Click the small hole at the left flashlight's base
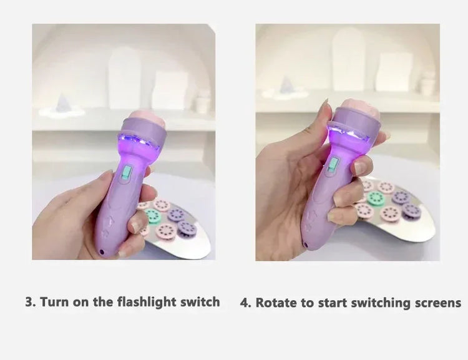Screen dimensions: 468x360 pyautogui.click(x=102, y=251)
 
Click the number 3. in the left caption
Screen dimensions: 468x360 pyautogui.click(x=31, y=302)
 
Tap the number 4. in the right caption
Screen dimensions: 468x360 pyautogui.click(x=246, y=303)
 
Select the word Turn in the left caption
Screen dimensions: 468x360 pyautogui.click(x=55, y=302)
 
